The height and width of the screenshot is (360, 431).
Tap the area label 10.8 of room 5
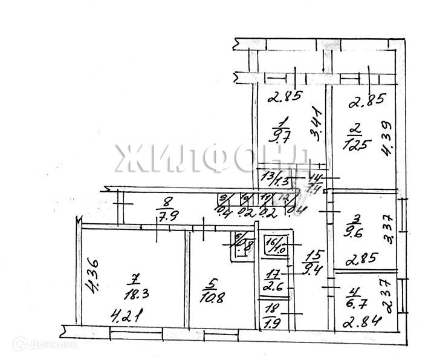[x=209, y=298]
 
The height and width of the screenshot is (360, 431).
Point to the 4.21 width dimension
[x=123, y=315]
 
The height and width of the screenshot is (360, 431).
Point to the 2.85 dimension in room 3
[x=361, y=260]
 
